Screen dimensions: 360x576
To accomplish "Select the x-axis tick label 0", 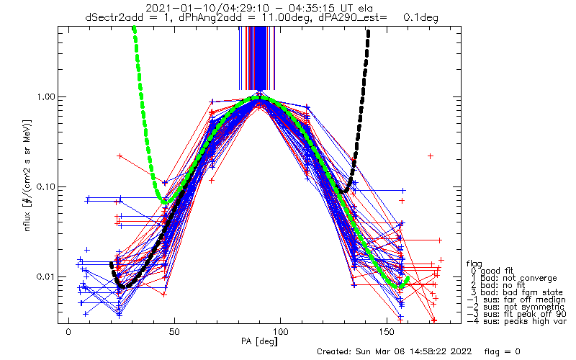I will tap(68, 332).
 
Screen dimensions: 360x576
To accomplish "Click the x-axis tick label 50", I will tap(174, 332).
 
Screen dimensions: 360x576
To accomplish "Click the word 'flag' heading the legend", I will tap(475, 264).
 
